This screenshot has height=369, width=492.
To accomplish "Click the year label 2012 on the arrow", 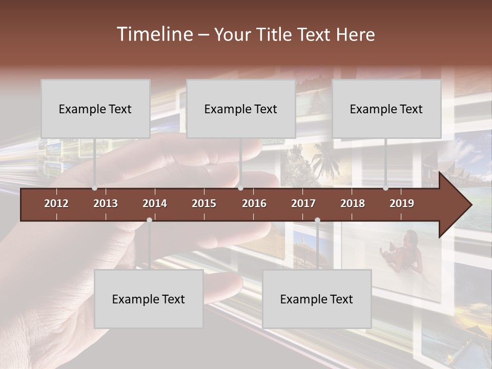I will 56,203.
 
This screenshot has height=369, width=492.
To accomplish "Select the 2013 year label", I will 106,203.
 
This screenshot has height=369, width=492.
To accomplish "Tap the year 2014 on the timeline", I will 155,203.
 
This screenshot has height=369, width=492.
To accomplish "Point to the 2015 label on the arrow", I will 204,203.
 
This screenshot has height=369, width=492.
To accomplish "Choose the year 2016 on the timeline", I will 254,203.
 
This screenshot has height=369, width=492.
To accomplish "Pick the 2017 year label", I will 303,203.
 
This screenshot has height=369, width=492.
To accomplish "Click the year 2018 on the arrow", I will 353,203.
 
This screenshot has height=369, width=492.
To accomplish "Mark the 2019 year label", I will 402,203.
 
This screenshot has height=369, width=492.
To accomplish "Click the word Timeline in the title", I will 154,34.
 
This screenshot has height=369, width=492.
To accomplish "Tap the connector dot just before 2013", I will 94,188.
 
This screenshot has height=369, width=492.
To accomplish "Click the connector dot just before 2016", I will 240,188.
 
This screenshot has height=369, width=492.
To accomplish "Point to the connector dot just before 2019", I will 385,188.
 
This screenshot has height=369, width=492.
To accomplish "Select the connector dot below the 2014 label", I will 149,220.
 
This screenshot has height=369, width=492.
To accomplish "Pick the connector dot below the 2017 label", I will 317,220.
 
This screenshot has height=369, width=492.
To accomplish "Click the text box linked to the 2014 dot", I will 149,299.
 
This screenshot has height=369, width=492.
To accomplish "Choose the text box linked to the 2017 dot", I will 317,299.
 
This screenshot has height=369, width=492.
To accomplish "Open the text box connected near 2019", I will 386,109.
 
